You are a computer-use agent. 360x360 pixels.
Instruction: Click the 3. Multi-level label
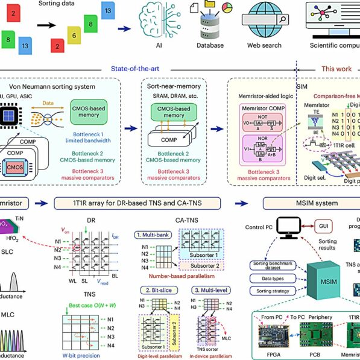[x=204, y=289]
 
